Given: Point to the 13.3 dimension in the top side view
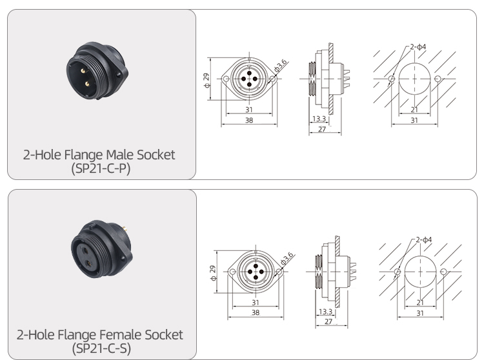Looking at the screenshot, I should [318, 119].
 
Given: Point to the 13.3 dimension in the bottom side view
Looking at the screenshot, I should [326, 312].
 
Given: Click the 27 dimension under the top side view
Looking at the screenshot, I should [321, 129].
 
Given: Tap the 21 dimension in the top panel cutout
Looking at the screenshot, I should [414, 110].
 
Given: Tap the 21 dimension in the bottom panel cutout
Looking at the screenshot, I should [420, 302].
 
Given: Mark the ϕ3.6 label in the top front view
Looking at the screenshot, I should [281, 66].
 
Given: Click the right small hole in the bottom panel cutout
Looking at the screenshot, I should [444, 271].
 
